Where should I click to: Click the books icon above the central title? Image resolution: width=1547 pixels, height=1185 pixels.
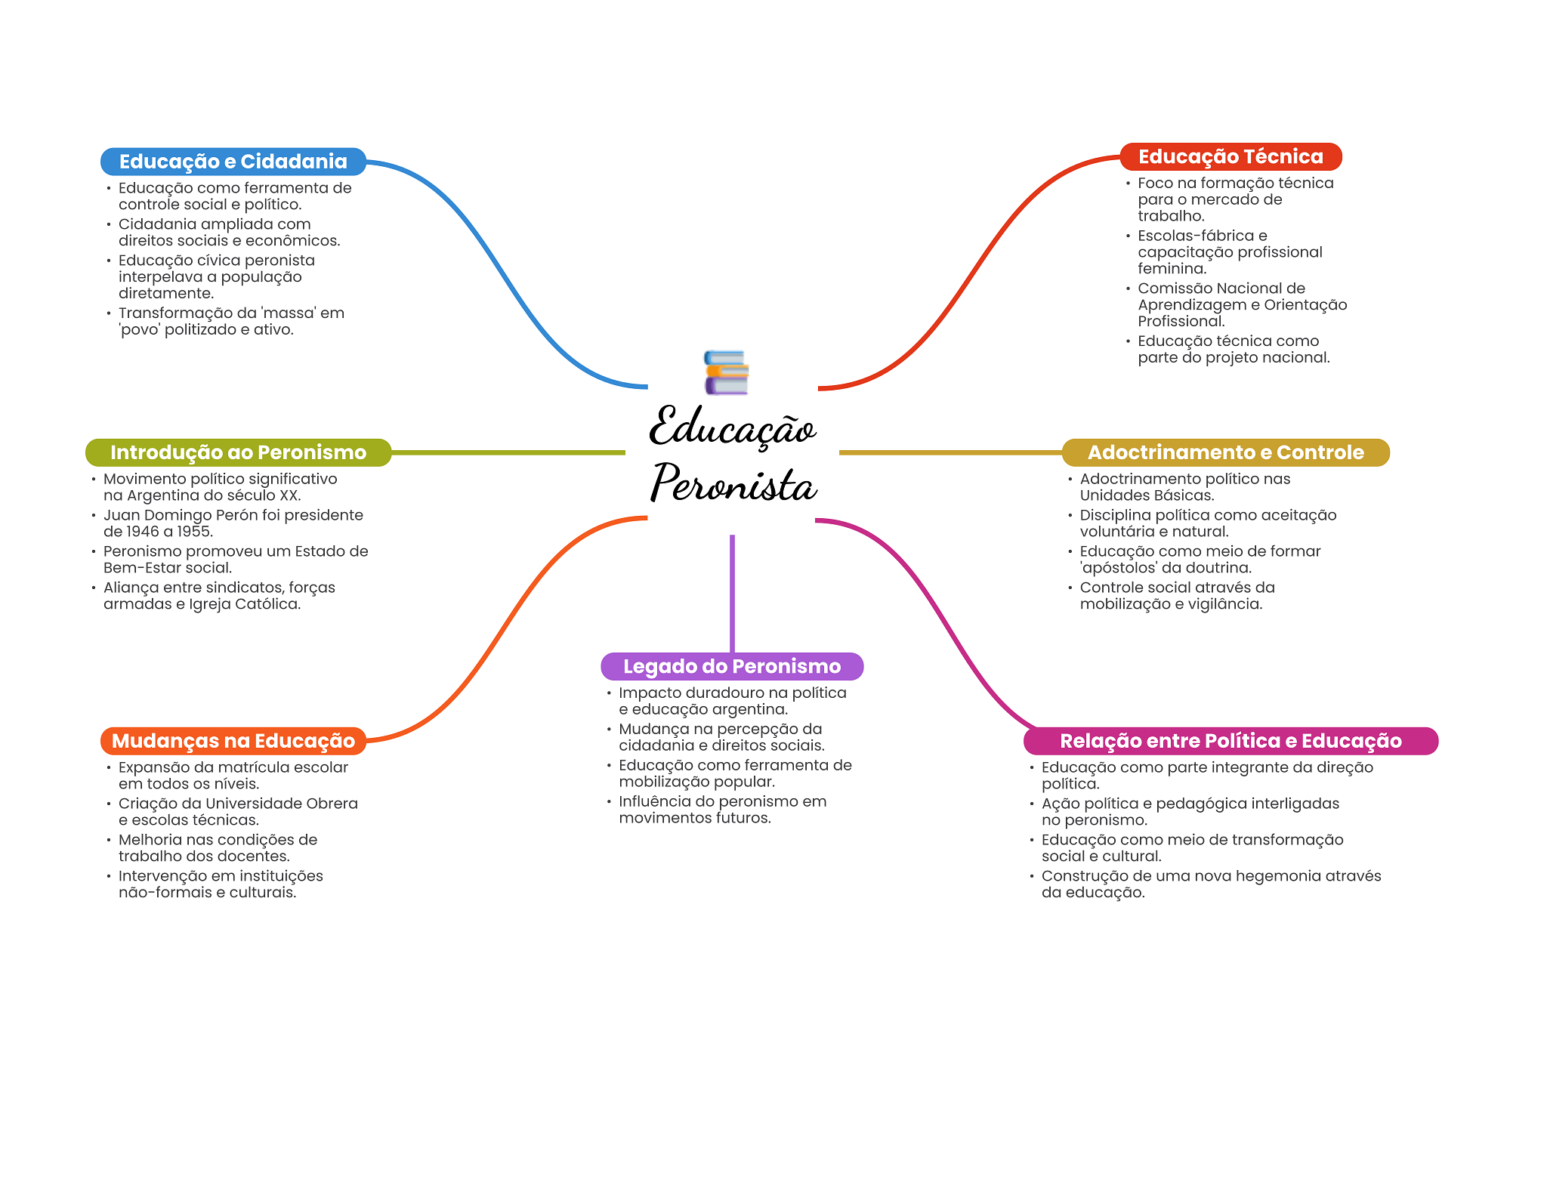coord(726,372)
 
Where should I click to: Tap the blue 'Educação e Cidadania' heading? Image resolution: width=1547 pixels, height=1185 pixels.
coord(233,162)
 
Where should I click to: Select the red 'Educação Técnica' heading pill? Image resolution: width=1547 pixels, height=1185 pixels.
coord(1230,157)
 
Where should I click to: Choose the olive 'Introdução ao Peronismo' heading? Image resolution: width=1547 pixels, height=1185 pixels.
coord(238,452)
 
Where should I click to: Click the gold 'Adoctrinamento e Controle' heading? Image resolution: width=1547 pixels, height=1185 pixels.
coord(1225,452)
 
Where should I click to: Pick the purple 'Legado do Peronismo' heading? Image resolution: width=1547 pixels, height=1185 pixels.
coord(731,666)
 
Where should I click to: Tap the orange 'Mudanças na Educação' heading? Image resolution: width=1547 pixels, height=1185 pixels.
coord(233,741)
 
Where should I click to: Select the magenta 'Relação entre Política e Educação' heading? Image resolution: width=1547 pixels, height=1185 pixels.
coord(1230,741)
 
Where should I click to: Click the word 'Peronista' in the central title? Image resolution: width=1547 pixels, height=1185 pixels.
coord(733,484)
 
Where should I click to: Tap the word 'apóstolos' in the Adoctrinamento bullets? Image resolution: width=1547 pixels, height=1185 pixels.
coord(1119,568)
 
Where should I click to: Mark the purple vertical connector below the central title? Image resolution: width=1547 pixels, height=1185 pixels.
coord(732,593)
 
